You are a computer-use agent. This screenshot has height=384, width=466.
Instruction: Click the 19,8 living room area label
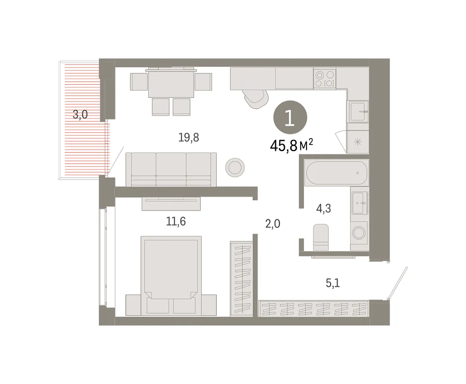[189, 138]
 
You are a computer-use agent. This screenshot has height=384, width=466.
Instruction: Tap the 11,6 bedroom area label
[176, 222]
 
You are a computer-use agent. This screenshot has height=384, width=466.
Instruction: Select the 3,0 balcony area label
[80, 114]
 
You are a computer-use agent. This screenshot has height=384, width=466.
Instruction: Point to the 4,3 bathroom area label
[323, 209]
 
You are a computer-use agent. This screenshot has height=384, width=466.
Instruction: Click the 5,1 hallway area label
[333, 283]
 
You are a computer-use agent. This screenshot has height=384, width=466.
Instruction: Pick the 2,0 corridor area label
[272, 224]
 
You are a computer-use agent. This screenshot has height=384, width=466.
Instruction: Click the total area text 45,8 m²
[291, 145]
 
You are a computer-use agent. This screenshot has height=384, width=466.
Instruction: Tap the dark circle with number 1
[290, 118]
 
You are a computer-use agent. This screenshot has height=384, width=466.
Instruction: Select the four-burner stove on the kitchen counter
[325, 79]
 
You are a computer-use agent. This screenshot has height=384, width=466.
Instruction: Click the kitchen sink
[358, 112]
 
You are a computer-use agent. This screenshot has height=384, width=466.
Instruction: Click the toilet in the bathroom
[321, 238]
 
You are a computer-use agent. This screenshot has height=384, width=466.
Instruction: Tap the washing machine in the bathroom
[359, 233]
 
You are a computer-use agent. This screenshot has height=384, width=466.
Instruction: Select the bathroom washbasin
[360, 203]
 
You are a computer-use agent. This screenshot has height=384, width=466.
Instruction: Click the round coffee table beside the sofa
[235, 167]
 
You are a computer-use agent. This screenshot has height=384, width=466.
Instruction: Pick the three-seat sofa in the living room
[171, 170]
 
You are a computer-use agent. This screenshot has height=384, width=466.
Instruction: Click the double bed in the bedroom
[171, 276]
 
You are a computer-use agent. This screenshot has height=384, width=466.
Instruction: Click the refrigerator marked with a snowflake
[358, 142]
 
